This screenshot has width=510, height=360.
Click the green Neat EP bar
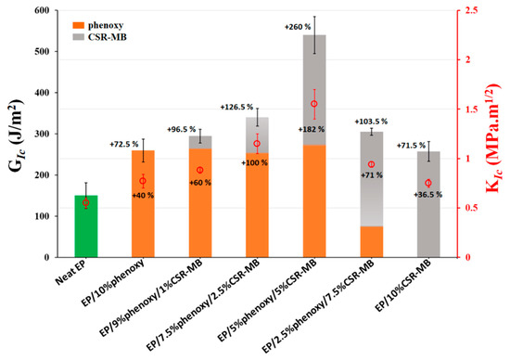coord(86,226)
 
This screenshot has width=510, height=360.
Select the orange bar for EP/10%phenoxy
coord(143,204)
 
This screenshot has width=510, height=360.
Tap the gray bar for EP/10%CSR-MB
coord(428,204)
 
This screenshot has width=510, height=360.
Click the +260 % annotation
coord(298,27)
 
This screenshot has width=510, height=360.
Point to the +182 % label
coord(312,130)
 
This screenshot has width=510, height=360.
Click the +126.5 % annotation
coord(236,107)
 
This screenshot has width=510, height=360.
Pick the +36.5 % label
coord(427,195)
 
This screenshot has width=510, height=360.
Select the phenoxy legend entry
coord(98,25)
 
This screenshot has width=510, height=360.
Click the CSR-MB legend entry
coord(99,37)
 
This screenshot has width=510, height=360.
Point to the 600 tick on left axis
coord(42,10)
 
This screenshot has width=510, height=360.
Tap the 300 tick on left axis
coord(42,134)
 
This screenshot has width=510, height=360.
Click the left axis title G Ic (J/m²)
coord(17,135)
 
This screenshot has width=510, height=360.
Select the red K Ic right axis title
coord(494,137)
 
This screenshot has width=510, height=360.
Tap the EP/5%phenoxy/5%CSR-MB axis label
coord(269,299)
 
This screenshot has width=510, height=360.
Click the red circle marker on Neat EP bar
coord(86,203)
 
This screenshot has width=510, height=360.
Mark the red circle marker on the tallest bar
coord(314,104)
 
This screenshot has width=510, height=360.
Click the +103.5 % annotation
coord(371,122)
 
